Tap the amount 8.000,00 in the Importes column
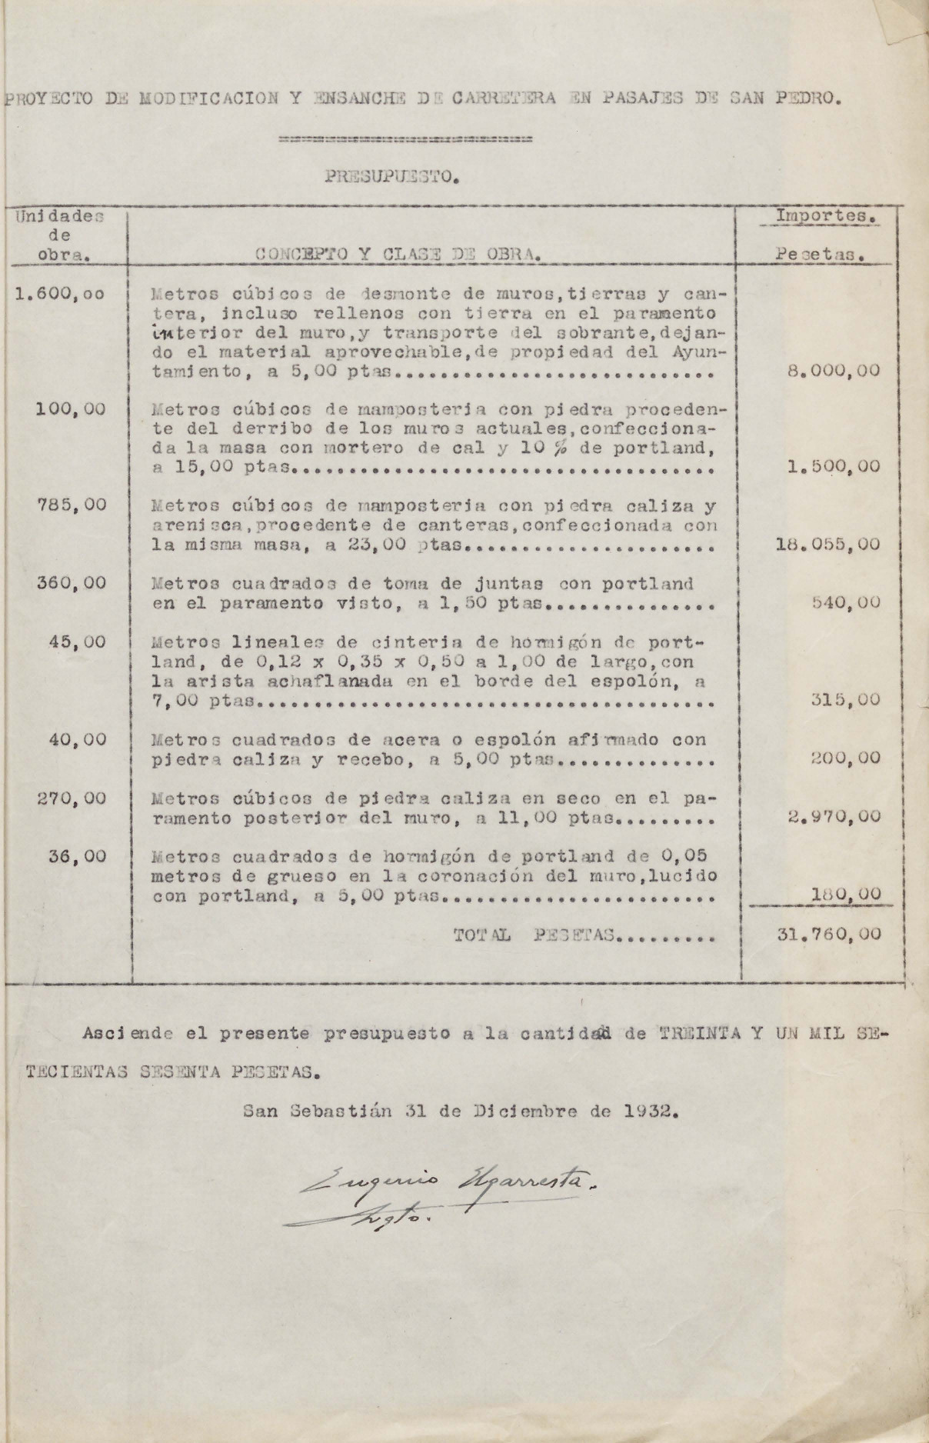pos(834,371)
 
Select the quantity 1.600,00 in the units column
pos(61,293)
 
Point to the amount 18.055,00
pos(829,545)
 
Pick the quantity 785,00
pos(72,505)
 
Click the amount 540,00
pos(846,603)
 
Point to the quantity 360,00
pos(72,583)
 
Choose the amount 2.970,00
pos(834,817)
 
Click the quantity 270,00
pos(72,798)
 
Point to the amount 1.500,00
pos(834,467)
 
